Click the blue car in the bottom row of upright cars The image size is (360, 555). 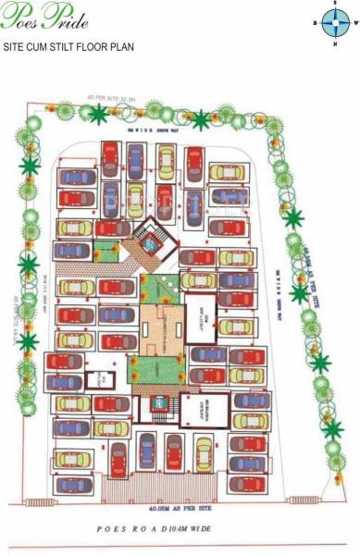point(146,453)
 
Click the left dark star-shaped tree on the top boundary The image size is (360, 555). point(98,114)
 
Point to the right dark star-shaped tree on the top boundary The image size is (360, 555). point(201,119)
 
